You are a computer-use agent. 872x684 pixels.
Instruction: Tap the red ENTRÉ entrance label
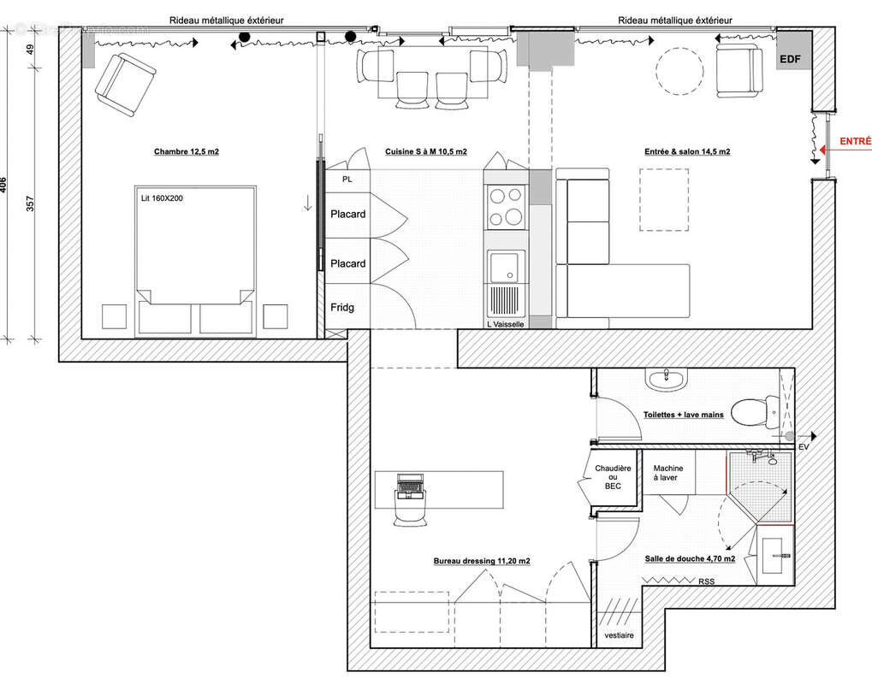(x=855, y=142)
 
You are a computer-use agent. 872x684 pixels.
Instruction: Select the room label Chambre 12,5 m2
(x=187, y=151)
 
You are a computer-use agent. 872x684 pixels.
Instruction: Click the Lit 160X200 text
(x=163, y=198)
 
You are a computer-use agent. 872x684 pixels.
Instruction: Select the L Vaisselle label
(x=505, y=324)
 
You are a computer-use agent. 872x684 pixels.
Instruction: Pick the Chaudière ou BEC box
(x=612, y=476)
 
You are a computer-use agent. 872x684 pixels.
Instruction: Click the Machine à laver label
(x=665, y=473)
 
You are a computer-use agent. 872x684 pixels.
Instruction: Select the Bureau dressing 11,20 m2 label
(x=481, y=561)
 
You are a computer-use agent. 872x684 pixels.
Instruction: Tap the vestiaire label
(x=618, y=635)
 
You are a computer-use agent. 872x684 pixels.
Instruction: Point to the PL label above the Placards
(x=347, y=180)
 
